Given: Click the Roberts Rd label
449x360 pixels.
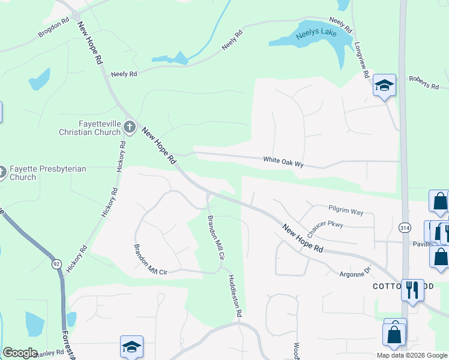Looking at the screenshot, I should coord(424,82).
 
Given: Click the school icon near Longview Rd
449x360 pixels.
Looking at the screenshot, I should coord(384,86).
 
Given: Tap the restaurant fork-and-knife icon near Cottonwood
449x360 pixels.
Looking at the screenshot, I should coord(412,290).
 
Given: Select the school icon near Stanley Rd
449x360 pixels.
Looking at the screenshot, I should coord(131,347).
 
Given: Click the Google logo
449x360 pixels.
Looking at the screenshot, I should coord(20,353).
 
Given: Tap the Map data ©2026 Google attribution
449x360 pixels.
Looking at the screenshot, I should coord(411,355).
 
